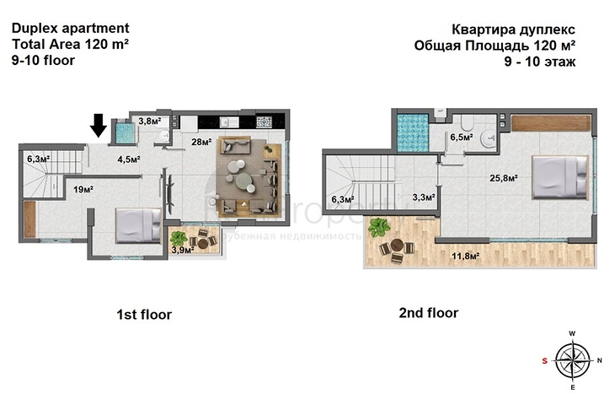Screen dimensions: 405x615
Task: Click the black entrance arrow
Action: [98, 125]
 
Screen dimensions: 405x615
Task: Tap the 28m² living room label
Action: [201, 142]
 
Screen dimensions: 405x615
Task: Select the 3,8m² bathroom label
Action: [149, 121]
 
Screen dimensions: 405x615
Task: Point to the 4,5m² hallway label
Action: [128, 159]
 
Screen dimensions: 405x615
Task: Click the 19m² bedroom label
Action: [82, 189]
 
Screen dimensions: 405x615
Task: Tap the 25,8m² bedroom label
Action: [504, 178]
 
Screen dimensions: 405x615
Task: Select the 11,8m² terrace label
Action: [466, 256]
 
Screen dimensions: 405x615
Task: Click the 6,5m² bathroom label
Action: [461, 136]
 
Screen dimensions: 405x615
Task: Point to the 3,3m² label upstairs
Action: [423, 197]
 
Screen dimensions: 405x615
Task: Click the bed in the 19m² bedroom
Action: [138, 224]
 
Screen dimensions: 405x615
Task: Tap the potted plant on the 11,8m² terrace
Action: [379, 227]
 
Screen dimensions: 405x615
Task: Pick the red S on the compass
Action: [544, 360]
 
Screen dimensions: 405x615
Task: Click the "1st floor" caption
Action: [143, 315]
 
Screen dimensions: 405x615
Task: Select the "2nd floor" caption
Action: [428, 313]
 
